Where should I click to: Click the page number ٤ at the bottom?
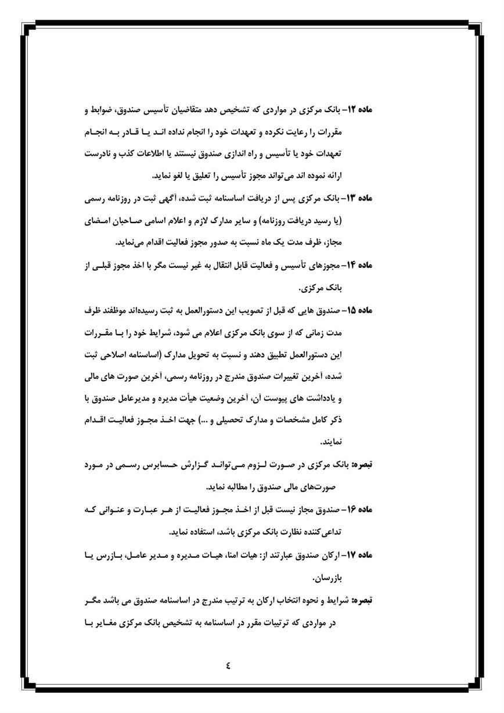click(x=228, y=666)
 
